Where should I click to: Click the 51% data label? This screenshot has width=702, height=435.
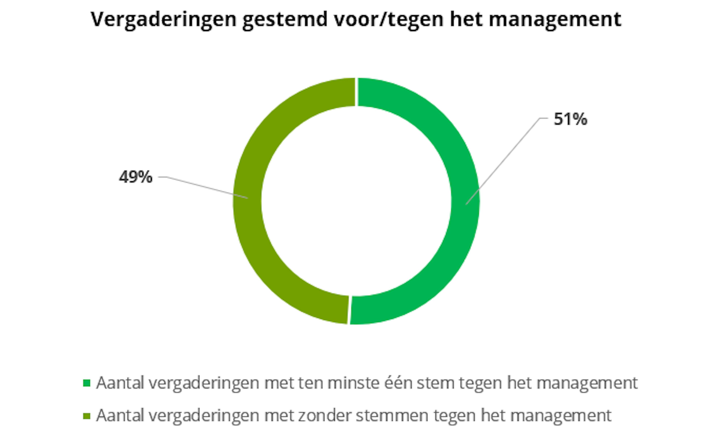click(x=570, y=119)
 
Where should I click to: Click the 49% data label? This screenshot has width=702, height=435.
click(x=135, y=177)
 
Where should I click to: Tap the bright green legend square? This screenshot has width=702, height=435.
click(x=87, y=383)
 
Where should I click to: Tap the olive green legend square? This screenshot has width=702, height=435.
click(x=87, y=416)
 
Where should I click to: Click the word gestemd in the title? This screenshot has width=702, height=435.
click(x=285, y=20)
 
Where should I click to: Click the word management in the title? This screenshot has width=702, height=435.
click(x=555, y=20)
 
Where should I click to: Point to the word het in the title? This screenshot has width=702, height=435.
click(x=466, y=20)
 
